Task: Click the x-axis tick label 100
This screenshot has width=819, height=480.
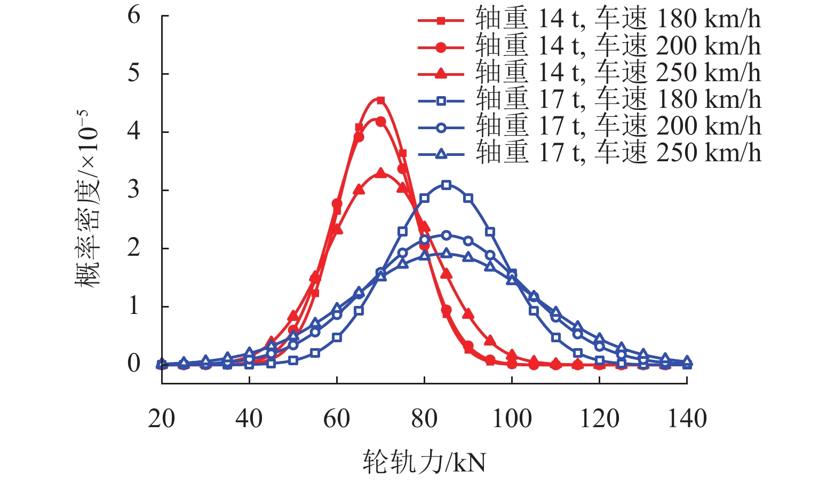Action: point(512,419)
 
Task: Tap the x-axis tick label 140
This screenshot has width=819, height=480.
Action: point(687,419)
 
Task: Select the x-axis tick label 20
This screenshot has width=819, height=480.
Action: point(162,419)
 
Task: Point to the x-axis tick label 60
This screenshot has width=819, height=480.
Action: point(337,419)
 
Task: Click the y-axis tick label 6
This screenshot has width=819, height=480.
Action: point(134,15)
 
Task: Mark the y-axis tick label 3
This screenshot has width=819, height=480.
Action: point(134,190)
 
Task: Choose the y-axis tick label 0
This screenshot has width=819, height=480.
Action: point(134,364)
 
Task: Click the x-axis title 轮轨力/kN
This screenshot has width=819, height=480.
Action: point(424,461)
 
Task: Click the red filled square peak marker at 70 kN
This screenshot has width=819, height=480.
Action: point(380,100)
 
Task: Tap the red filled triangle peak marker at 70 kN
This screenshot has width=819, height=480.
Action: point(380,173)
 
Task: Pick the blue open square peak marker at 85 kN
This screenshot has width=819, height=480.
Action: point(447,185)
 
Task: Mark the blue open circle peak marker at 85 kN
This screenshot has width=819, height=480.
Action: point(447,235)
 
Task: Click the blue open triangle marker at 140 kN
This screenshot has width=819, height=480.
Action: point(687,361)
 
